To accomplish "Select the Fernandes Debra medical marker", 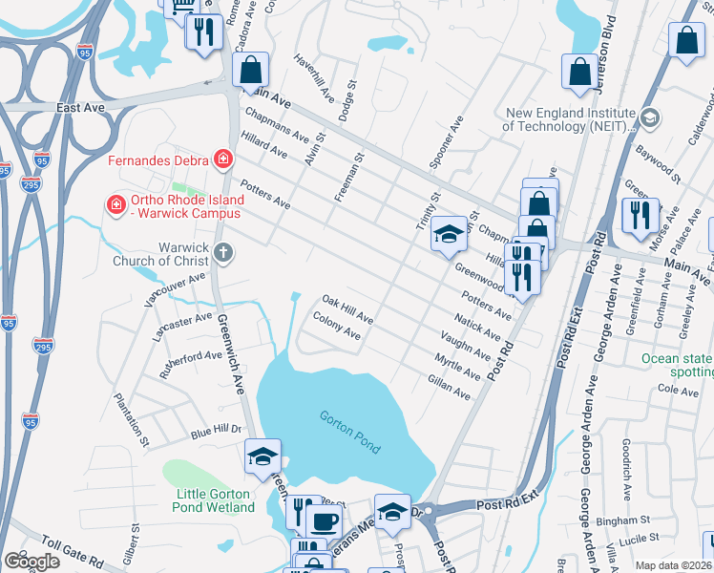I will (x=223, y=159).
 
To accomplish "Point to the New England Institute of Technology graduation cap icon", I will (x=650, y=118).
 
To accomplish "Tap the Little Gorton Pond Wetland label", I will (x=216, y=500).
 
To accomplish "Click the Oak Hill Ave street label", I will (x=346, y=308).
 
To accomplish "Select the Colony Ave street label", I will (x=337, y=329).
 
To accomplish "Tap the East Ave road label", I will (x=80, y=109).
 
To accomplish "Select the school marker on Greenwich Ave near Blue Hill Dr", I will (x=263, y=456).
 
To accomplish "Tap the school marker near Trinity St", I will (x=449, y=234).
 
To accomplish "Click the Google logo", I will (x=32, y=562).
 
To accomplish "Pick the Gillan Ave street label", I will (x=450, y=386).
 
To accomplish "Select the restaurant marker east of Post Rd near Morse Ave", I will (x=640, y=213).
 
